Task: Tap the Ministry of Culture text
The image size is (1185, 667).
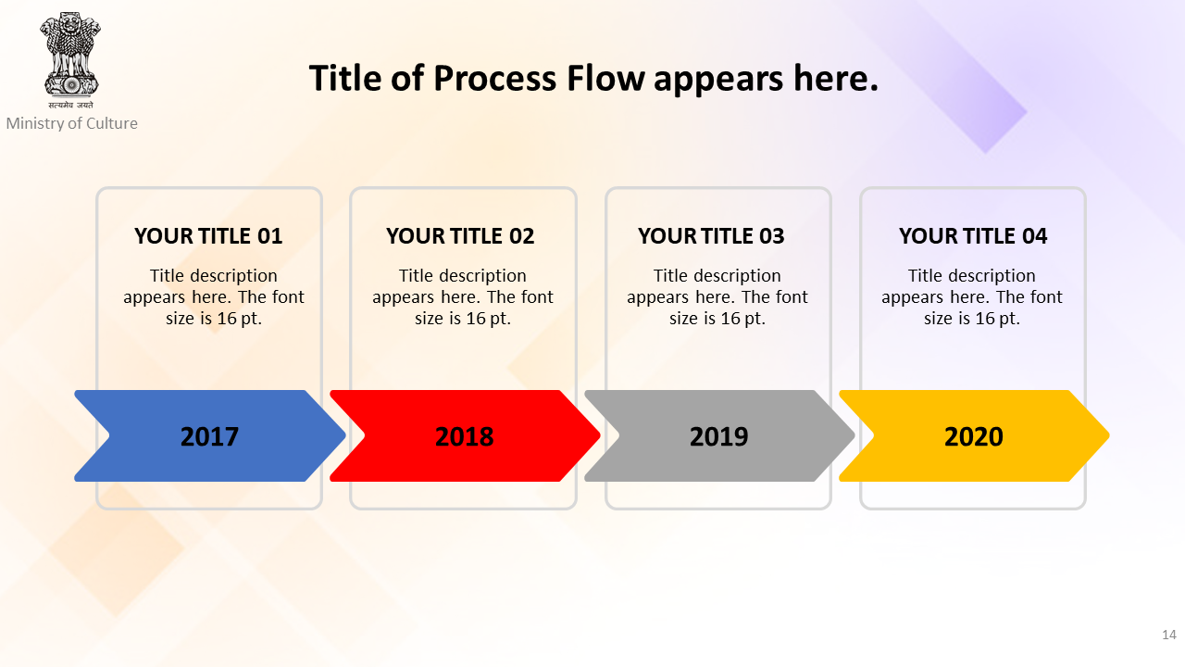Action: [x=71, y=123]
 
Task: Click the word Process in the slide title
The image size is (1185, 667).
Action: [x=495, y=79]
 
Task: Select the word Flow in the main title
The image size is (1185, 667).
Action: [x=605, y=78]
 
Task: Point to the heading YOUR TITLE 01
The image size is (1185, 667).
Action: [x=208, y=236]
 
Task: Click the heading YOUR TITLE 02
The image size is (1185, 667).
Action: [x=460, y=236]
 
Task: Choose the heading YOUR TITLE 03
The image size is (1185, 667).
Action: [x=711, y=236]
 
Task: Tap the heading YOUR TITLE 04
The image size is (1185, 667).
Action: [x=973, y=236]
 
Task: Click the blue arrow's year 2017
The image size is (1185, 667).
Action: [x=209, y=436]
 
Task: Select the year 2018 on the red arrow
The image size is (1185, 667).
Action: [x=464, y=436]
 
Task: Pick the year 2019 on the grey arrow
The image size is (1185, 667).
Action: [x=719, y=436]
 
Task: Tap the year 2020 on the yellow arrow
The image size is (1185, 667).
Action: [x=973, y=436]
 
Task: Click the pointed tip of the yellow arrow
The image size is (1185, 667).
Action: [x=1109, y=435]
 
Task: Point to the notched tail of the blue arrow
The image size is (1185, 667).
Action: [x=109, y=435]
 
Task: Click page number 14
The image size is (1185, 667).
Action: [x=1169, y=635]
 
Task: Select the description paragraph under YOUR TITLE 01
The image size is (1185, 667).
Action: [x=214, y=297]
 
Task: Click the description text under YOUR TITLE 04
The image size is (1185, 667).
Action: [x=972, y=297]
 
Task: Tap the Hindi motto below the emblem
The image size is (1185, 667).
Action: [x=71, y=105]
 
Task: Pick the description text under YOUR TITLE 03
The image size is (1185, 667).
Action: [x=717, y=297]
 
